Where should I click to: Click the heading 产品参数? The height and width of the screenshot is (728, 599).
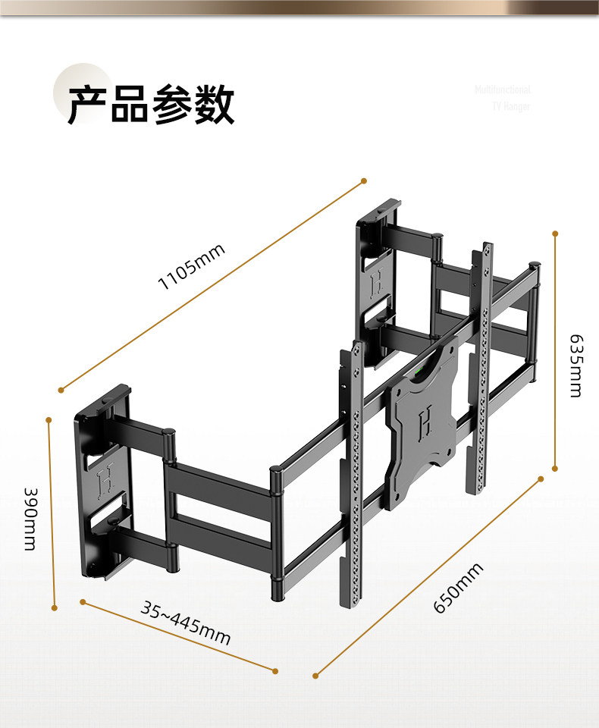(151, 105)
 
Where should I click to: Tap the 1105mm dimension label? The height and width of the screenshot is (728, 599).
(192, 268)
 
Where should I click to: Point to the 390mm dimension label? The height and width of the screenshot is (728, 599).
(29, 518)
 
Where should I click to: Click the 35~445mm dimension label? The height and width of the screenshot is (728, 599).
(186, 623)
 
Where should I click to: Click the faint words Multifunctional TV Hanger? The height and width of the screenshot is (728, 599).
(503, 98)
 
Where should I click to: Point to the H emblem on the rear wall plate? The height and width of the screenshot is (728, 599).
(375, 284)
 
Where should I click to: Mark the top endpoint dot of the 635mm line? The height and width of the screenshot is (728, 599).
(555, 234)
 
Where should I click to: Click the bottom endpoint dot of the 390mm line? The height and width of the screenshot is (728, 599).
(54, 607)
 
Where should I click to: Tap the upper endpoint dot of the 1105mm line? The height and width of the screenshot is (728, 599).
(363, 181)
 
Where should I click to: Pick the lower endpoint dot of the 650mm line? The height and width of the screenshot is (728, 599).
(315, 674)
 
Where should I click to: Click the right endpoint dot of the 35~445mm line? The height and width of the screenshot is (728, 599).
(275, 670)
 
